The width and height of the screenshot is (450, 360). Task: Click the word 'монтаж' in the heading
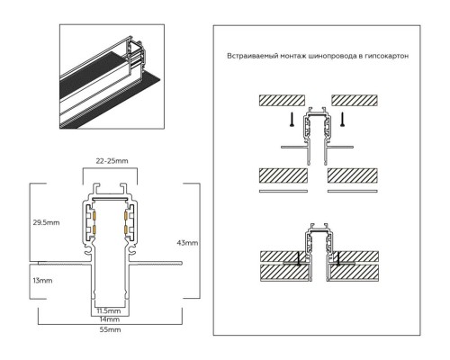coord(293,56)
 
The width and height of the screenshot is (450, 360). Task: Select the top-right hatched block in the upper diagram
coord(352,99)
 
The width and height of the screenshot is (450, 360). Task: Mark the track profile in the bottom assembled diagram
coord(316,256)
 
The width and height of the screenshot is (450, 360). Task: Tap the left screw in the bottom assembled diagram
coord(299,258)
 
